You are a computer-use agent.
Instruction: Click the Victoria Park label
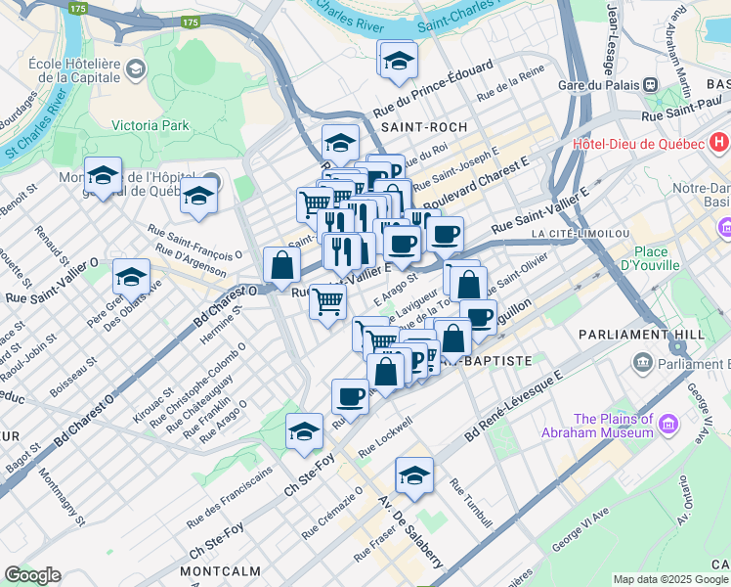click(150, 125)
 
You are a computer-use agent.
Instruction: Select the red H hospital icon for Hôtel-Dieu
click(719, 143)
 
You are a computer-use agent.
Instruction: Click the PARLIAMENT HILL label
click(662, 334)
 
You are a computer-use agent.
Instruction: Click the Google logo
click(32, 575)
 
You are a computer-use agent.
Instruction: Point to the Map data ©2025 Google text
click(669, 579)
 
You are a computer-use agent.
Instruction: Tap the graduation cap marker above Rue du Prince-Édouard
click(397, 61)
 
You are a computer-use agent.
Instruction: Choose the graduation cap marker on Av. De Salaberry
click(414, 476)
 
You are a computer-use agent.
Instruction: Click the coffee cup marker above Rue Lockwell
click(350, 396)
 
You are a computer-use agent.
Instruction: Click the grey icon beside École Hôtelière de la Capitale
click(135, 68)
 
